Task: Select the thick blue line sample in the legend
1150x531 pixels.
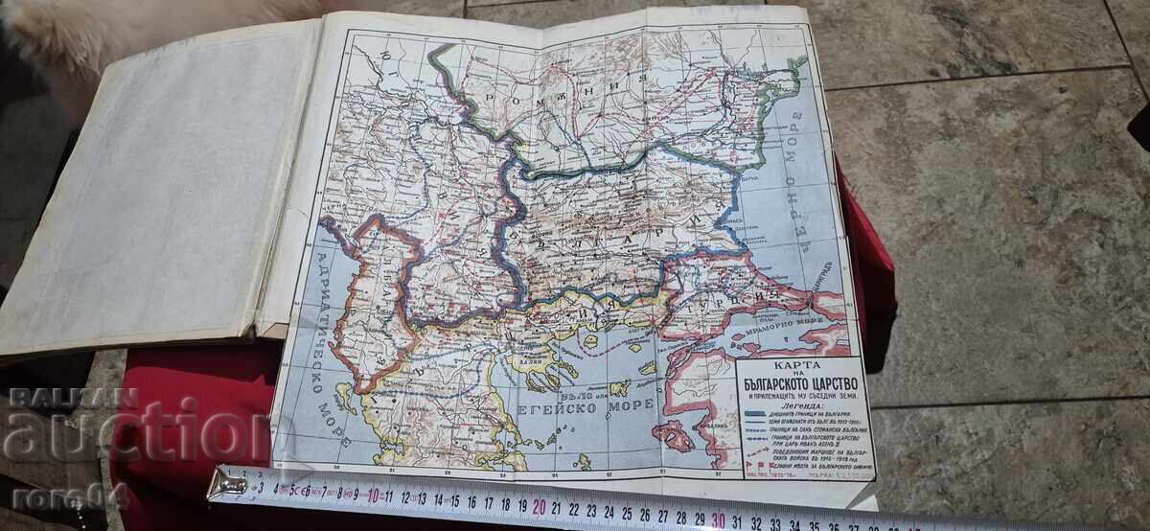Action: [x=756, y=416]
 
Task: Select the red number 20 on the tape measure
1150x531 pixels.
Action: [x=540, y=505]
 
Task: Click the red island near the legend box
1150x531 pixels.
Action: [x=673, y=436]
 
